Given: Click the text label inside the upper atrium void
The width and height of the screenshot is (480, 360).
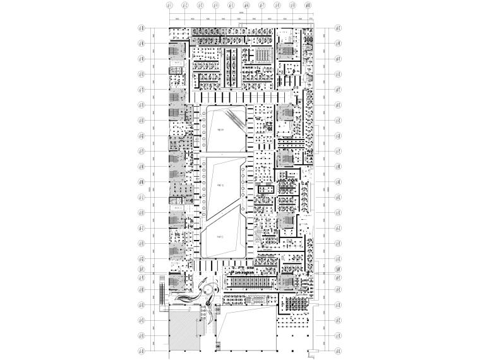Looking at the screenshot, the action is pyautogui.click(x=220, y=131).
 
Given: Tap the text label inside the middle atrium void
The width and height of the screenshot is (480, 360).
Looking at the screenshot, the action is pyautogui.click(x=220, y=185).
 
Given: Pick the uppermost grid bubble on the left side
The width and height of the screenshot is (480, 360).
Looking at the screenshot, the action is pyautogui.click(x=141, y=29).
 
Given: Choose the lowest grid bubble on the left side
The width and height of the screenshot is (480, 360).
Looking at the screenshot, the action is pyautogui.click(x=141, y=350).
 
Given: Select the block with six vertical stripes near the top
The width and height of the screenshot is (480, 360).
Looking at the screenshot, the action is pyautogui.click(x=261, y=57).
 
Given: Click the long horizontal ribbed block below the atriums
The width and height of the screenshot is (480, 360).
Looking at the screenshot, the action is pyautogui.click(x=249, y=282).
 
